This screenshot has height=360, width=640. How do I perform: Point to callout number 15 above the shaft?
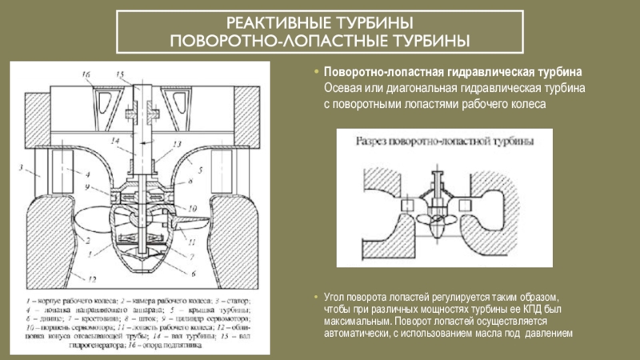tap(121, 74)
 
